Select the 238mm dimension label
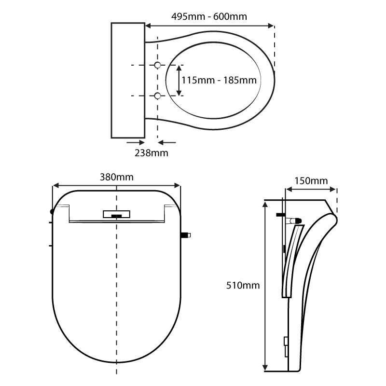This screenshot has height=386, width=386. tap(151, 153)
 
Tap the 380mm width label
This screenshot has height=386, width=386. tap(116, 177)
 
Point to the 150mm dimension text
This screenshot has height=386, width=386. tap(311, 181)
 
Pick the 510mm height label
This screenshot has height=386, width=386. tap(243, 285)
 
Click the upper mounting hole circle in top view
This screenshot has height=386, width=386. tap(157, 65)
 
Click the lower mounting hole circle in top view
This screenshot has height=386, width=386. tap(157, 96)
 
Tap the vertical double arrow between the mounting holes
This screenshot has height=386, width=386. tap(179, 80)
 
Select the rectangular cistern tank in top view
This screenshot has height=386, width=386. tap(128, 80)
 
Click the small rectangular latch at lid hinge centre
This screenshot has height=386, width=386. tap(116, 214)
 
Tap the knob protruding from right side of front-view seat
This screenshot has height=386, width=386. tap(185, 235)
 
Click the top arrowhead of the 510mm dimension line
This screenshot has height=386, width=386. tap(265, 206)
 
